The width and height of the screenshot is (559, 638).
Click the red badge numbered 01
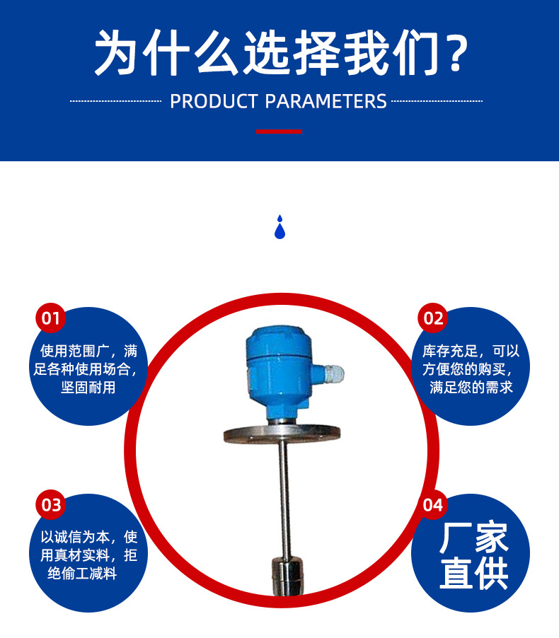(50, 318)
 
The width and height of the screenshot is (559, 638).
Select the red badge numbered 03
(50, 505)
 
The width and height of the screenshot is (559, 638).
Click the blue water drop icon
(279, 227)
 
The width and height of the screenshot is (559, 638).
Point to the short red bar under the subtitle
(279, 132)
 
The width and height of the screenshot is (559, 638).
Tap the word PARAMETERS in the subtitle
(326, 101)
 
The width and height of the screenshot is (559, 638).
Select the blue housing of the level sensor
(277, 368)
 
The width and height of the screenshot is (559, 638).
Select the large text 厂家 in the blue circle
(473, 539)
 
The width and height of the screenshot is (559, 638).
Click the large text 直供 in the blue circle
(473, 574)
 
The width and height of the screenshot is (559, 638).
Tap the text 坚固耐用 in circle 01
(88, 388)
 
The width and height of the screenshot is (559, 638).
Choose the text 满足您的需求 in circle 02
(471, 388)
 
